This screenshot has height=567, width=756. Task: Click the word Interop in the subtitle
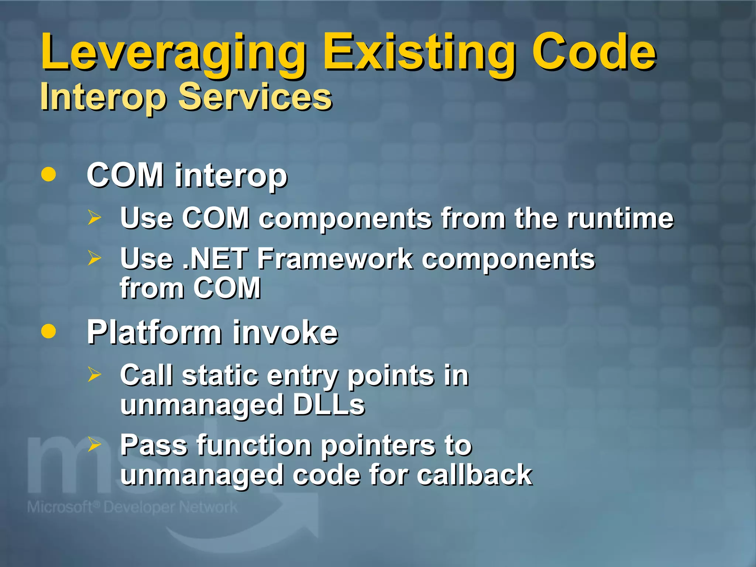click(103, 97)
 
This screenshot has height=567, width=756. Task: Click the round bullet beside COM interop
click(49, 174)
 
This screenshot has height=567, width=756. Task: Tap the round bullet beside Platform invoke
click(49, 331)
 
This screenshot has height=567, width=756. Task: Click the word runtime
click(620, 219)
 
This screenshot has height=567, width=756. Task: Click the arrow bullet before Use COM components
click(94, 217)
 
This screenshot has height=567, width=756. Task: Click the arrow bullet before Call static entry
click(94, 375)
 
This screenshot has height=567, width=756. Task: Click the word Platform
click(154, 332)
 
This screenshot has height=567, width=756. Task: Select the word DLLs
click(329, 405)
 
